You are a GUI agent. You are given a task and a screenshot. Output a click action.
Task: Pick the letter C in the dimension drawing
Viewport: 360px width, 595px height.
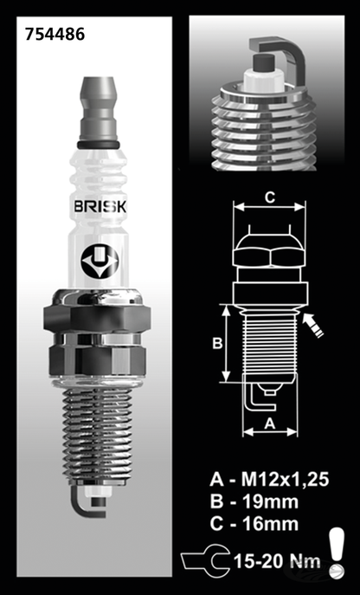(x=270, y=198)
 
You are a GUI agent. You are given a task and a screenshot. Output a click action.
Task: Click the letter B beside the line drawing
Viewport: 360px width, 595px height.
(x=219, y=342)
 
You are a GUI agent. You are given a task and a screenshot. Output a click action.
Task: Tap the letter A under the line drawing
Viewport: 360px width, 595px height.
(x=270, y=423)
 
